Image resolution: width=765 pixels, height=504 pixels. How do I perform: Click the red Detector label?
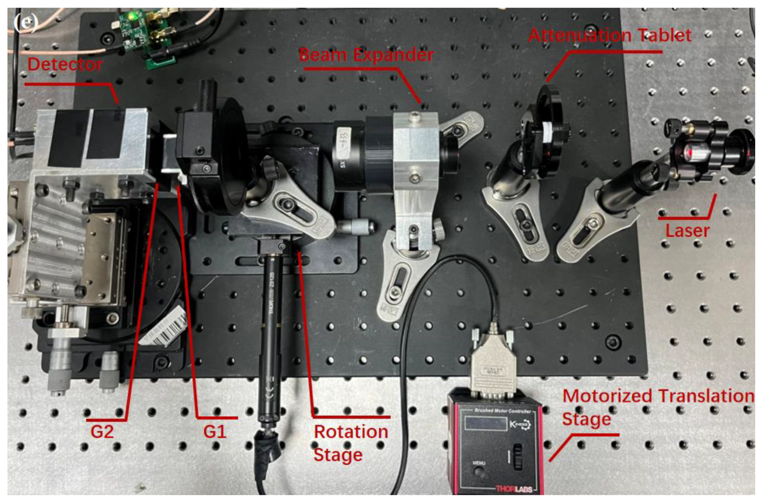65,64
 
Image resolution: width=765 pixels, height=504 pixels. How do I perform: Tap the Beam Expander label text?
366,55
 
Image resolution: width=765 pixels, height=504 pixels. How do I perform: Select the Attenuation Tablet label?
610,35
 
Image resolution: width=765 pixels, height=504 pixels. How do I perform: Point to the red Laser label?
687,231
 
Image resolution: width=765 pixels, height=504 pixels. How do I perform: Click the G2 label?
102,432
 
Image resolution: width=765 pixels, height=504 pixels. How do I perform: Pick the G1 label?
215,432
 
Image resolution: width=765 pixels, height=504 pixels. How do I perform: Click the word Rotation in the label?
351,432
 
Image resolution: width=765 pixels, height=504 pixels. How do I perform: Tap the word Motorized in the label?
607,396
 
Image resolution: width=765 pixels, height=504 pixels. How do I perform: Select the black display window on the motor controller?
485,424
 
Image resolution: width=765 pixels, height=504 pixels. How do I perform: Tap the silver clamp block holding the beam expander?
415,154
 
